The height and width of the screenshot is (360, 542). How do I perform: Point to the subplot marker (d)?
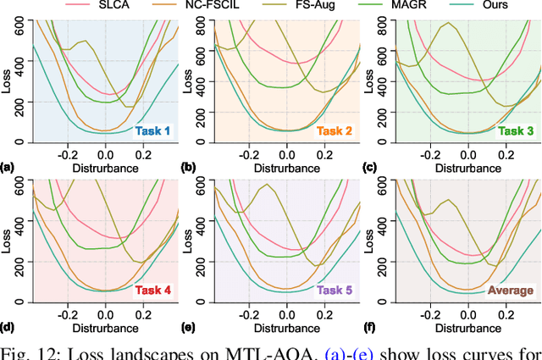(8, 324)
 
